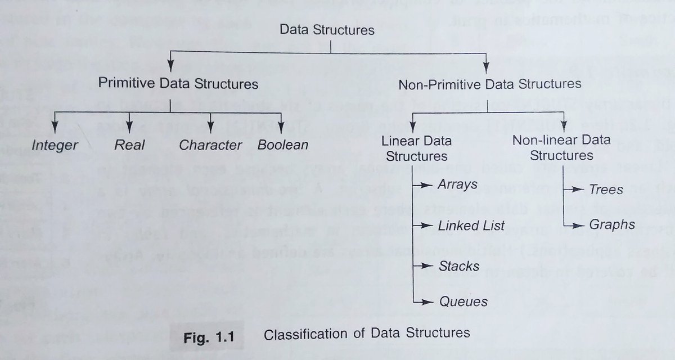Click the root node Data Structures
327,30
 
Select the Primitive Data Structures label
178,84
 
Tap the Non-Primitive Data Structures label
489,84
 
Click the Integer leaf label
55,145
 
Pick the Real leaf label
129,145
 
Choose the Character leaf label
210,145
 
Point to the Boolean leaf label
283,145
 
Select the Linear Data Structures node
415,147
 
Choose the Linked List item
470,226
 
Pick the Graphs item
612,225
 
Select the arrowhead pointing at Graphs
582,226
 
